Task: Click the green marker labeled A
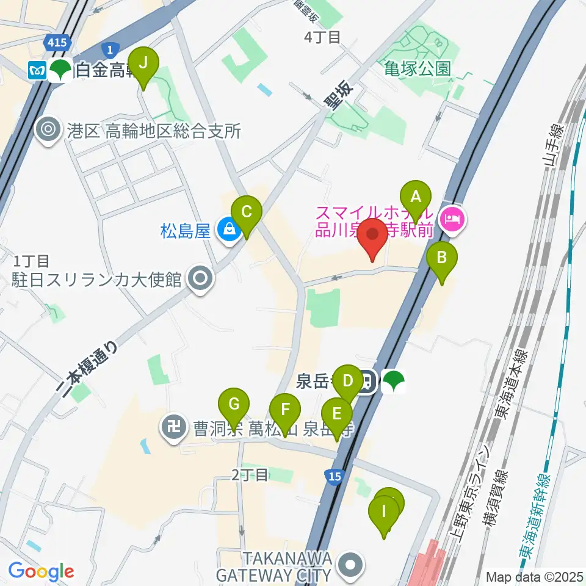[x=416, y=198]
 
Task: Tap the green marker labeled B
[x=442, y=258]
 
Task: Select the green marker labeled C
[x=247, y=213]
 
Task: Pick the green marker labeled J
[x=144, y=63]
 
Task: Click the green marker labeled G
[x=235, y=403]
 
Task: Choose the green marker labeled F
[x=285, y=410]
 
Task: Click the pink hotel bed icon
[x=452, y=215]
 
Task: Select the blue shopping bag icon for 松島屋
[x=228, y=231]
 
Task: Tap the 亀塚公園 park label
[x=418, y=68]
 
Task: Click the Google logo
[x=41, y=572]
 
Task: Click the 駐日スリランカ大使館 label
[x=98, y=279]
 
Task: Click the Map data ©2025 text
[x=534, y=576]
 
